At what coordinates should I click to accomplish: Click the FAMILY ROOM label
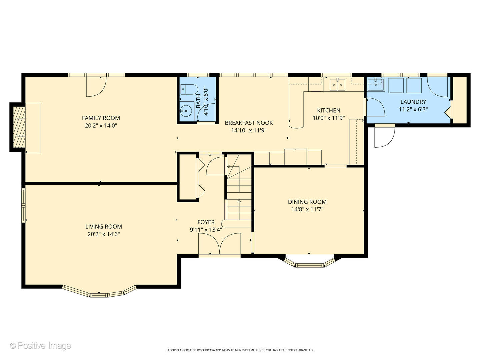(101, 118)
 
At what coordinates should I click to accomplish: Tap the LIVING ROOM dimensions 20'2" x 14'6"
(103, 234)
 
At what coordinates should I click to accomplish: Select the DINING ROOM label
(307, 202)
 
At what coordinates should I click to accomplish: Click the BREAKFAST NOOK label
(249, 123)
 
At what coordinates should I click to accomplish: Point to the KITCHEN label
(328, 110)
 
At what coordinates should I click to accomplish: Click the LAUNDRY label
(413, 102)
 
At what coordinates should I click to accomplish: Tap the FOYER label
(206, 222)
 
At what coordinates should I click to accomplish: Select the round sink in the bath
(187, 110)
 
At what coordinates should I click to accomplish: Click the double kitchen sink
(337, 85)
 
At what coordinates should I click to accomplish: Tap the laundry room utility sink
(376, 84)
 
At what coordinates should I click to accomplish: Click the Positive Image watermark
(40, 345)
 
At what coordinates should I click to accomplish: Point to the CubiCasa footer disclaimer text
(240, 350)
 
